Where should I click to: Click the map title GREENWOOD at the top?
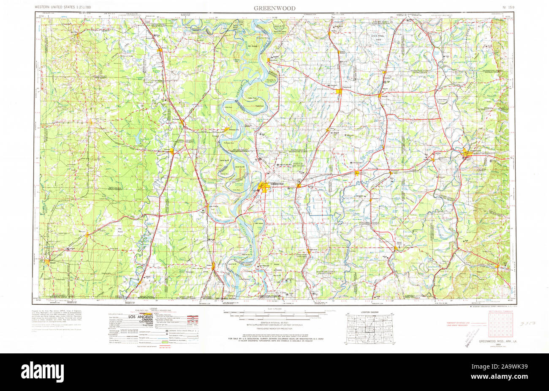(x=274, y=8)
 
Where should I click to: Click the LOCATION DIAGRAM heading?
(x=370, y=312)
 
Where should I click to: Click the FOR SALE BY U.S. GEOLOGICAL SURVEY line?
(x=275, y=339)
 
